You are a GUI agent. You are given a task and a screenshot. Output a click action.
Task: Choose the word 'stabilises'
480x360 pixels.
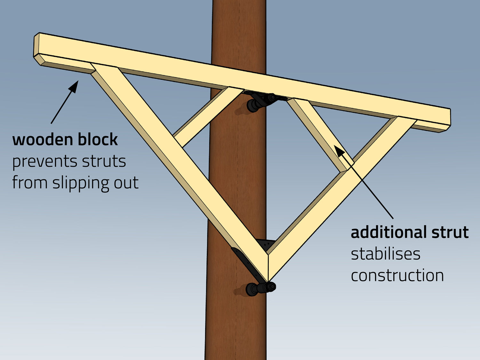coord(385,254)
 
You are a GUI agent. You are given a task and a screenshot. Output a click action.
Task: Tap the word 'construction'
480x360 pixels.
coord(397,276)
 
